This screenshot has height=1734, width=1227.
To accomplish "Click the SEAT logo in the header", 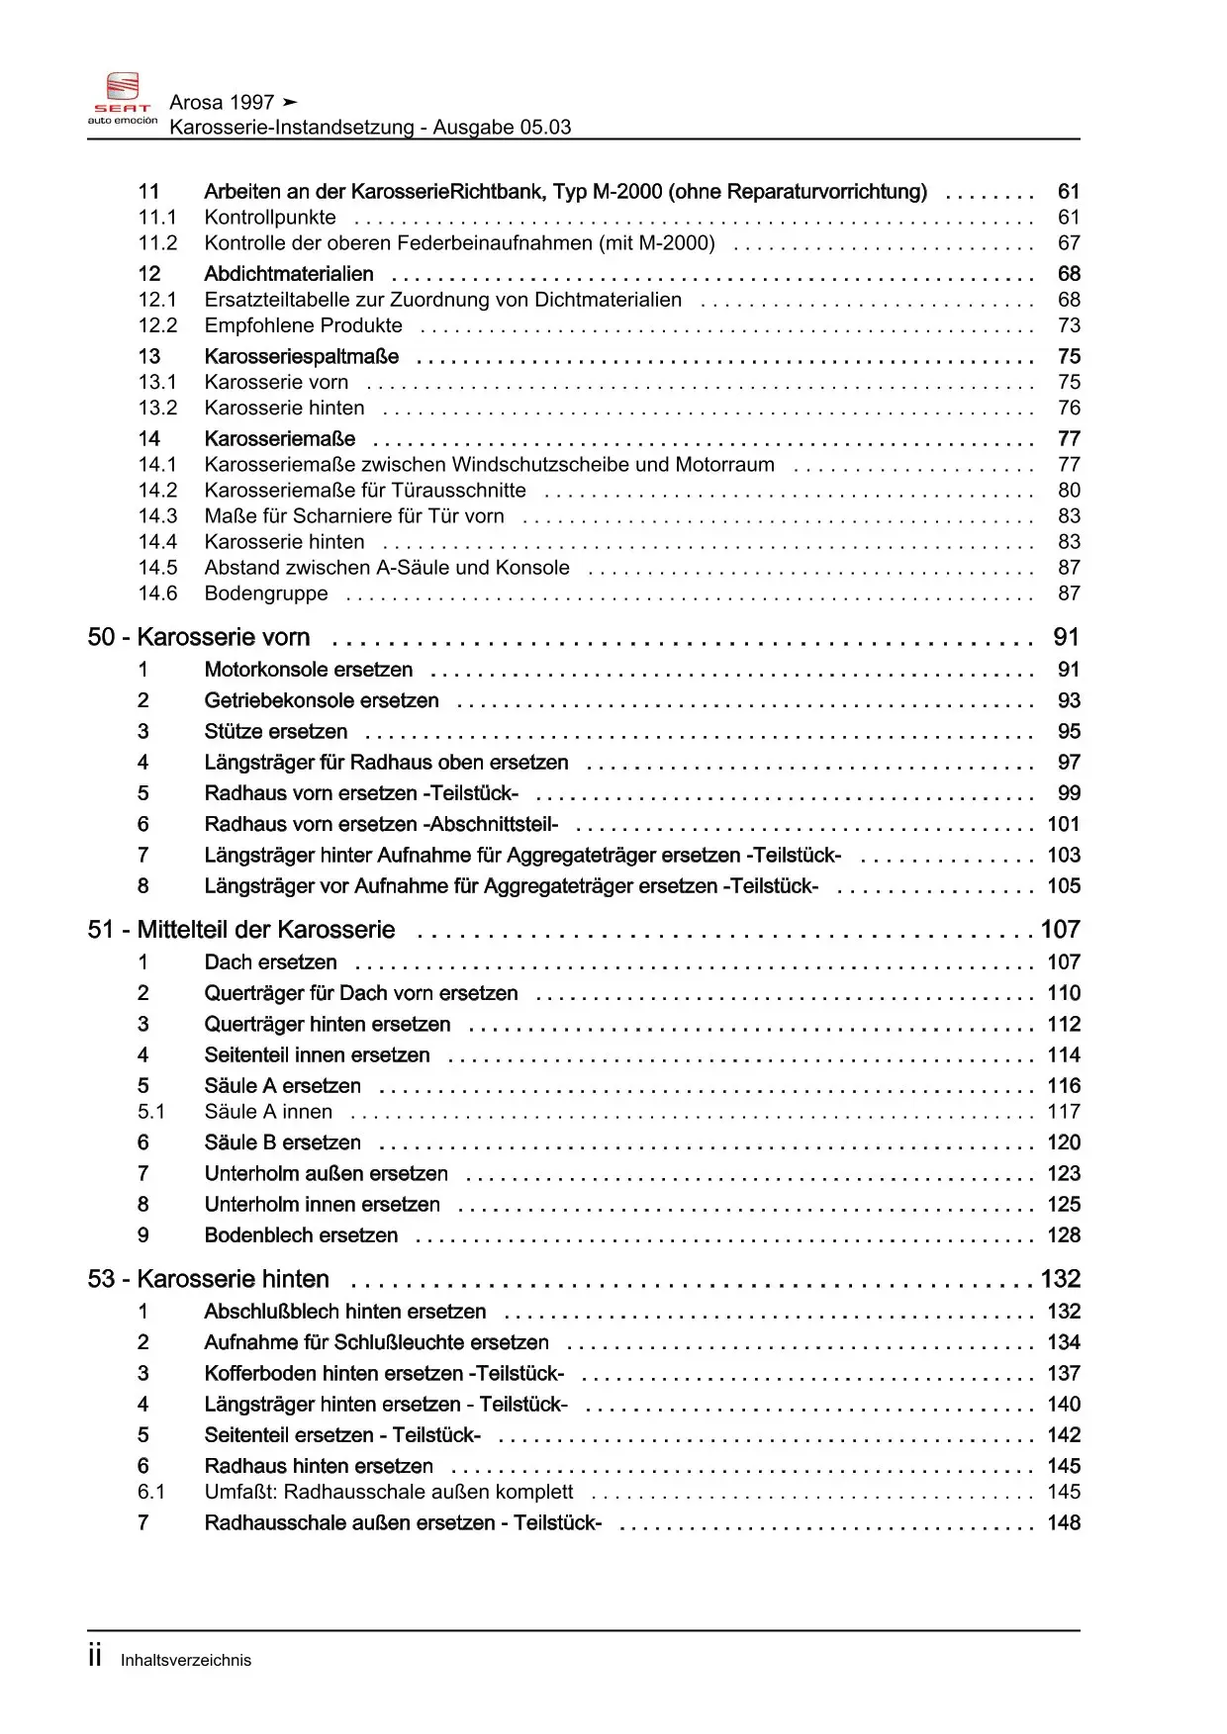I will pos(123,98).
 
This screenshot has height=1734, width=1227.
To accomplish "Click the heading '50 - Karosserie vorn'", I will pos(199,637).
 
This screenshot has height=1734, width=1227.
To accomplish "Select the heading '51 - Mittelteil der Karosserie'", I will pos(241,930).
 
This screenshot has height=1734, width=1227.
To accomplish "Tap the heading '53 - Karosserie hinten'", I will pos(209,1279).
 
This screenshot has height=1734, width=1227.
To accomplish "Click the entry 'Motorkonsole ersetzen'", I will pos(309,670).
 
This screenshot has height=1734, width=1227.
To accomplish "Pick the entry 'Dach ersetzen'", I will pos(270,962).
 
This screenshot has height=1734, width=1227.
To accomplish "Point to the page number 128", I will pos(1064,1235).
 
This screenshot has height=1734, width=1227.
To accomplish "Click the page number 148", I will pos(1064,1523).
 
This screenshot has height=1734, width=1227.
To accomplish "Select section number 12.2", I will pos(157,325).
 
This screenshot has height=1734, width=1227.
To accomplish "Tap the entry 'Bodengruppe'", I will pos(266,593).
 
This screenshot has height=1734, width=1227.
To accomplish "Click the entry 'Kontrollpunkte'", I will pos(270,218).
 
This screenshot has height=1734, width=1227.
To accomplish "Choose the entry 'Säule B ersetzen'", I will pos(283,1142).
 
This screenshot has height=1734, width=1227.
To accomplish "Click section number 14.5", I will pos(157,568).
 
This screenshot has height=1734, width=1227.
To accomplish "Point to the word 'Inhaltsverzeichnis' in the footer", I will pos(186,1661).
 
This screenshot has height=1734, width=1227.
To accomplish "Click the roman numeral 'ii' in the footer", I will pos(95,1656).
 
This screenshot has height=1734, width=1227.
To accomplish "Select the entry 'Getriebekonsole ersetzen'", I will pos(322,700).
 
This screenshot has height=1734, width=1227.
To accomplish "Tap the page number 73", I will pos(1069,325).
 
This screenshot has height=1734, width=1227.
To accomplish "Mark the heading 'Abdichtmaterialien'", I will pos(289,274).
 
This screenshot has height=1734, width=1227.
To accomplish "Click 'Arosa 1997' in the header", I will pos(222,102).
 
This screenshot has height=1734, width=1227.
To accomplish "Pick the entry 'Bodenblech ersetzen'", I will pos(301,1235).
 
